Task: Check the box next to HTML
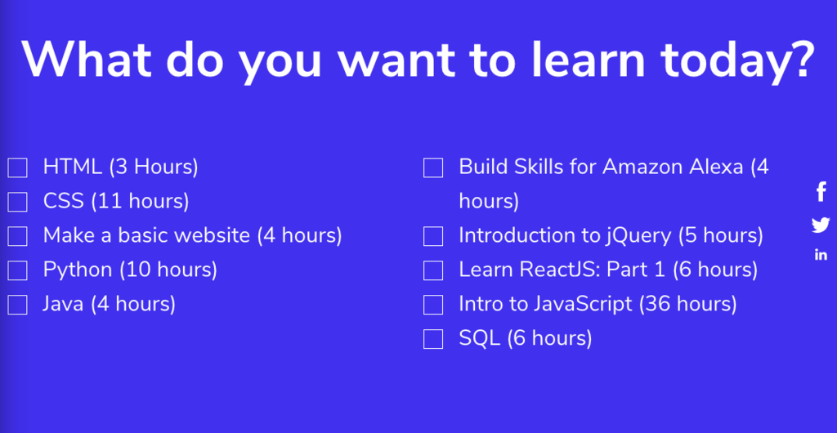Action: tap(18, 167)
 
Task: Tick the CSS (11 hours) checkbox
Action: tap(18, 202)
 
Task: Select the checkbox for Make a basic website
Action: tap(18, 236)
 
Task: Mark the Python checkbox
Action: tap(18, 270)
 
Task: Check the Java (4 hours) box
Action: tap(18, 305)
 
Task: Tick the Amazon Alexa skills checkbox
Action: tap(433, 168)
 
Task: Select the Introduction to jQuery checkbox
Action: tap(433, 237)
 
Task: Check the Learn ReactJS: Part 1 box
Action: tap(433, 270)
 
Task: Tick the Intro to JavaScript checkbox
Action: tap(433, 305)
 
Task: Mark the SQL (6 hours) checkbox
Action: tap(433, 339)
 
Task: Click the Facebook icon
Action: tap(821, 192)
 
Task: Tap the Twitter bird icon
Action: tap(821, 225)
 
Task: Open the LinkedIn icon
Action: tap(821, 255)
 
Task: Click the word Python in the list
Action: tap(78, 270)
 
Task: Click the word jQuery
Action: tap(638, 236)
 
